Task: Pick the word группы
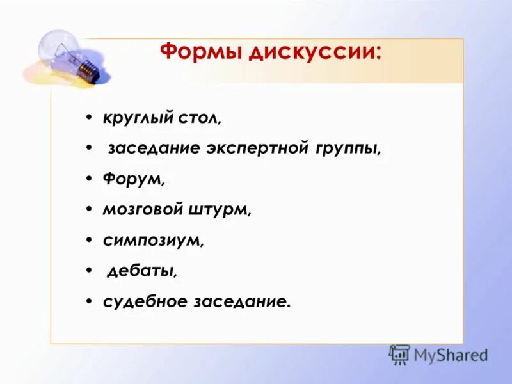(x=348, y=149)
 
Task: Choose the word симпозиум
(x=153, y=240)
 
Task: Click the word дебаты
(x=141, y=271)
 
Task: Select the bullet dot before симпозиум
(x=88, y=240)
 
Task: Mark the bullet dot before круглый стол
(x=88, y=119)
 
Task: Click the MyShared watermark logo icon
(x=399, y=355)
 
